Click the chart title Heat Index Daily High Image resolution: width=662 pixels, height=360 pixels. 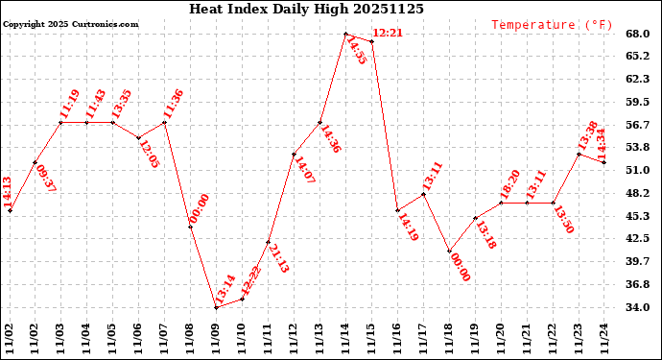[306, 9]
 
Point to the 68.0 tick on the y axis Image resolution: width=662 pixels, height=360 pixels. [638, 34]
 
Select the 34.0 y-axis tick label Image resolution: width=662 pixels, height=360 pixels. [638, 308]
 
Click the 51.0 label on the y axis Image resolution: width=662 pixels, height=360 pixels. [638, 171]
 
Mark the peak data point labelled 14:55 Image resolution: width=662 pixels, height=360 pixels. [345, 34]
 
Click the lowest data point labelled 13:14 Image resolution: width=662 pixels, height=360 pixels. [217, 307]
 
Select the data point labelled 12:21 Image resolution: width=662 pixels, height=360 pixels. [371, 41]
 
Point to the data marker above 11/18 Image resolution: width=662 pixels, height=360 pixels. [449, 252]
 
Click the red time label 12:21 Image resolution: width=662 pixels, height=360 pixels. [387, 33]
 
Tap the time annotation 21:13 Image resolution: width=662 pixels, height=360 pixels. [277, 258]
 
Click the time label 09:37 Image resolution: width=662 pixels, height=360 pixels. [45, 179]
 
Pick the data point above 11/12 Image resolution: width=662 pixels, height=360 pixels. [294, 154]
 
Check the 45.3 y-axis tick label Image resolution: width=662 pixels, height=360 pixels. [638, 216]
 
